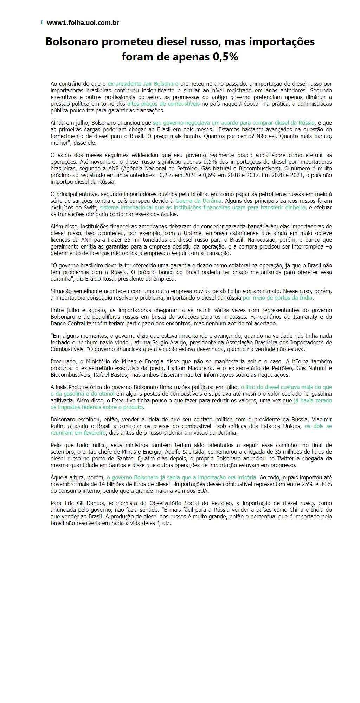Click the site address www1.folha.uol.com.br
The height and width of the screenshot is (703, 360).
click(x=83, y=23)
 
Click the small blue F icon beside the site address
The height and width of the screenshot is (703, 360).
click(x=42, y=22)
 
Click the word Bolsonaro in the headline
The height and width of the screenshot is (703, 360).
click(x=72, y=42)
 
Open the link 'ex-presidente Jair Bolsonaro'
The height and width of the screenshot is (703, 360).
click(x=143, y=84)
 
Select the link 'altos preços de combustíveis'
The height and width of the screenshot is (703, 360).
click(x=163, y=104)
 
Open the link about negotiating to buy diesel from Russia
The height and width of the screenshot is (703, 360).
click(x=233, y=123)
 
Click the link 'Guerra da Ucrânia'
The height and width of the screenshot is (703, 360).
click(x=198, y=201)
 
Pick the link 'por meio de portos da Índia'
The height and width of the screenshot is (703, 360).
click(x=278, y=298)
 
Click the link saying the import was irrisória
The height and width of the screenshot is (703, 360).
click(x=181, y=477)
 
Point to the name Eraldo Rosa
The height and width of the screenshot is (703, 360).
click(x=111, y=279)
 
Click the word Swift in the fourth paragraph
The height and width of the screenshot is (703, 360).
click(x=90, y=207)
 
